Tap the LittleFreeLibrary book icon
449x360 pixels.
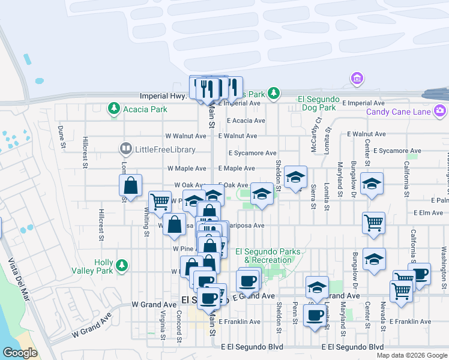point(125,148)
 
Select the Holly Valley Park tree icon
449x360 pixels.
point(122,265)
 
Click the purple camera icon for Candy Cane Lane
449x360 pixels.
point(440,111)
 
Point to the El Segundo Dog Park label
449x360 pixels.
point(319,103)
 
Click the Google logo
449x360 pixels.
point(20,352)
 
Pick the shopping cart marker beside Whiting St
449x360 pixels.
point(160,202)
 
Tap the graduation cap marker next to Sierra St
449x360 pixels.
point(295,178)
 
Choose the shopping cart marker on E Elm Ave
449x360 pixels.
point(373,223)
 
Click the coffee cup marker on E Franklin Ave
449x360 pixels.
point(314,315)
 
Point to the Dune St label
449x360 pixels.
point(61,136)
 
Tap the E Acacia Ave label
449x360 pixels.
point(237,120)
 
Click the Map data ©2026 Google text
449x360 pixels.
point(411,355)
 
